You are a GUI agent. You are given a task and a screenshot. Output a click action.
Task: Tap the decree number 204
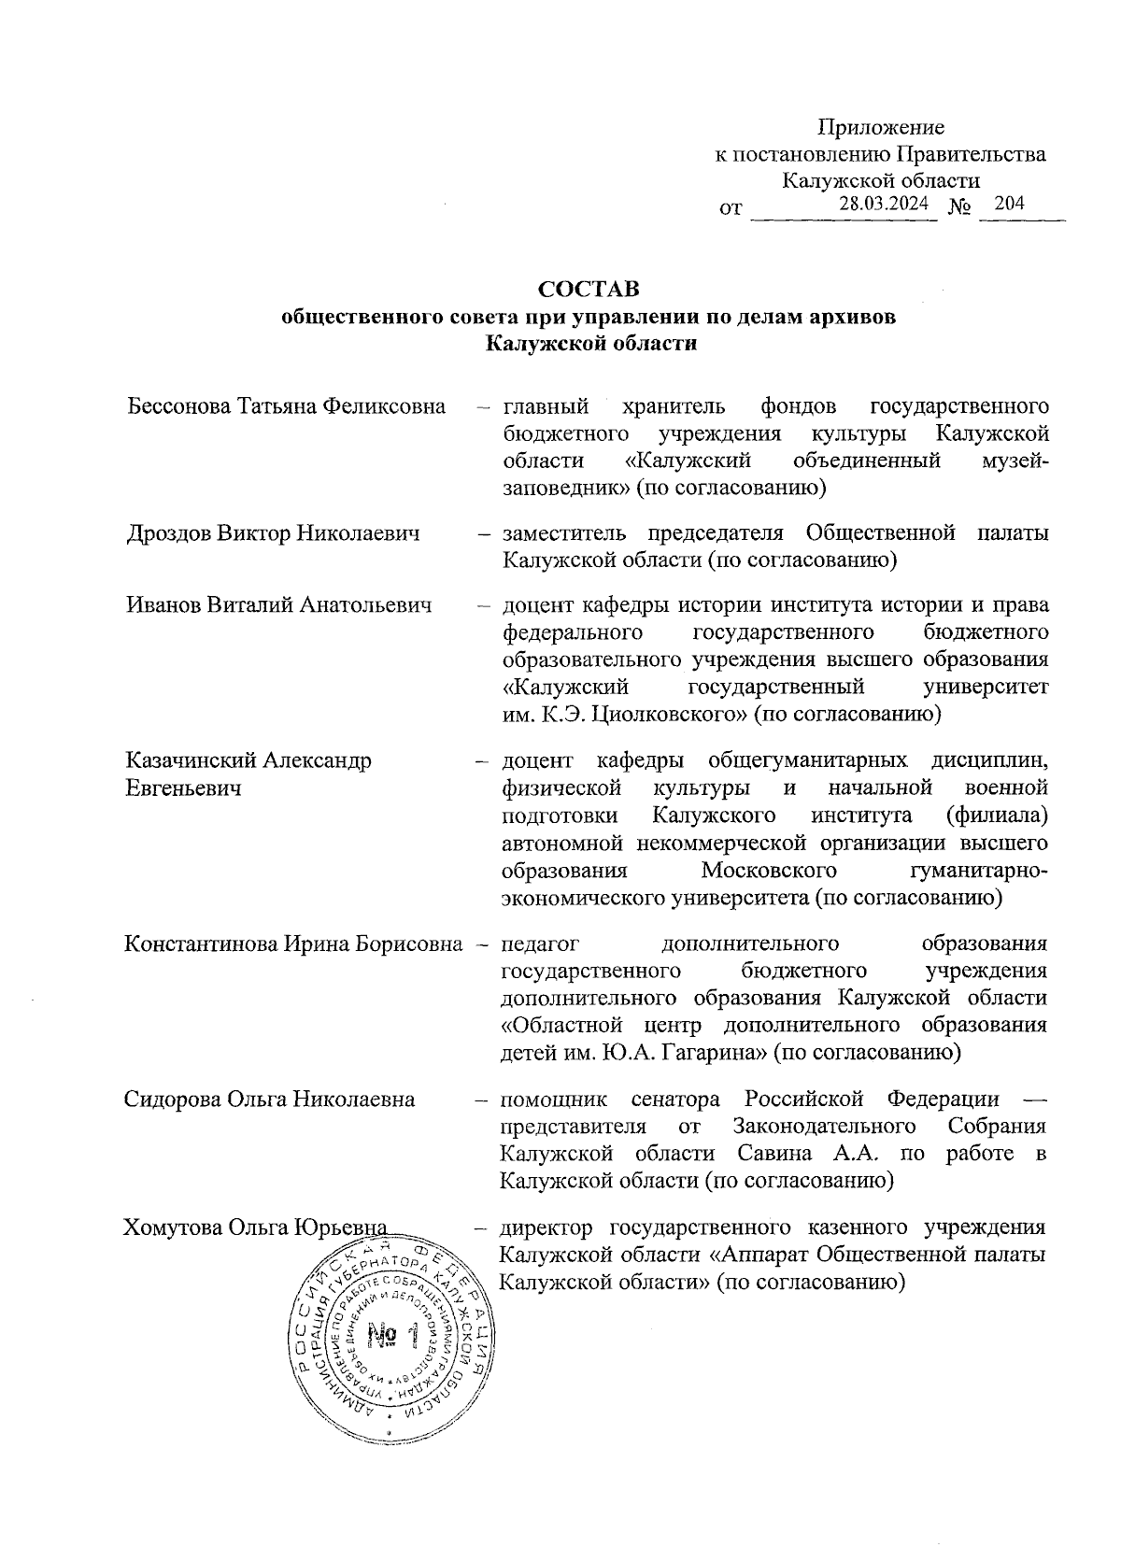pos(1010,204)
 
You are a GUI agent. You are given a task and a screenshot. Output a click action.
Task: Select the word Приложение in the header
pos(881,127)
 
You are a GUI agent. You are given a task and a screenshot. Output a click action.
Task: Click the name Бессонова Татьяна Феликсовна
pos(286,406)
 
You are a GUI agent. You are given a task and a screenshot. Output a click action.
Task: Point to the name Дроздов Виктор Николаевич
pos(273,533)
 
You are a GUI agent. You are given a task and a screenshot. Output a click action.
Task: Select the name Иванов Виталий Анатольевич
pos(279,604)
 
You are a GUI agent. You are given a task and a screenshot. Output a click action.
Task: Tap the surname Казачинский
pos(192,759)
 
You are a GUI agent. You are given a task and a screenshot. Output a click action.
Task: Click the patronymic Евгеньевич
pos(184,788)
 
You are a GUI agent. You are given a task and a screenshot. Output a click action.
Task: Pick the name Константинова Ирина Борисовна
pos(293,944)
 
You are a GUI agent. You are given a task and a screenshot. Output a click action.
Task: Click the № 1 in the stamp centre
pos(391,1335)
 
